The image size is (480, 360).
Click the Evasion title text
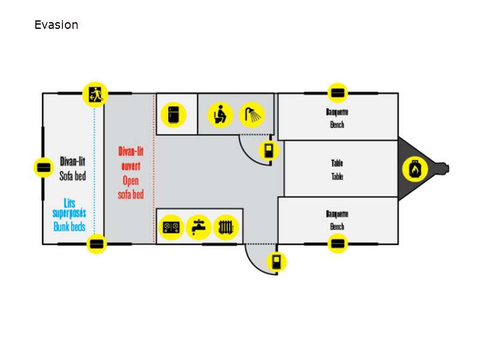[x=56, y=25]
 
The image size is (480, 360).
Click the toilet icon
[x=220, y=114]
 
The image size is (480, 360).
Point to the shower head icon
[x=252, y=114]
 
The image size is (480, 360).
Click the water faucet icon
[x=199, y=227]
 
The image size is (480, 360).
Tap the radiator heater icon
[x=226, y=227]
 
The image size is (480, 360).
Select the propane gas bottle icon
[x=414, y=169]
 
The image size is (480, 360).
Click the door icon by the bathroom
[x=268, y=150]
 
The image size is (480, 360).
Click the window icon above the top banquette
[x=338, y=94]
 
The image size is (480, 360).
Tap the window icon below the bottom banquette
[x=338, y=244]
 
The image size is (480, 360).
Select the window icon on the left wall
[x=43, y=167]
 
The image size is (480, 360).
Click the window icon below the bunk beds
[x=96, y=244]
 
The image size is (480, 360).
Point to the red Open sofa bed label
[x=131, y=187]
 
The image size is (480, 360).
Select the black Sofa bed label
[x=73, y=176]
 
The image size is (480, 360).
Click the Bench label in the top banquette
[x=337, y=125]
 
